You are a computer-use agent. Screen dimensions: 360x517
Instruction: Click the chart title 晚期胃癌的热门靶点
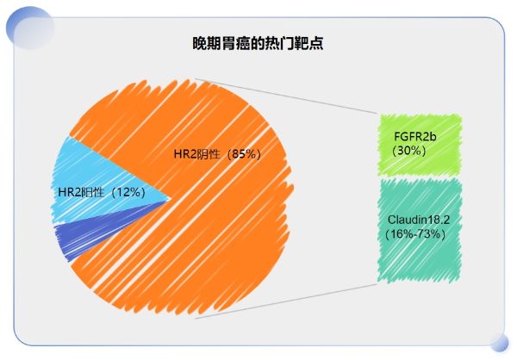(258, 42)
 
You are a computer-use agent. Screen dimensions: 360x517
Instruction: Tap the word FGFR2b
(415, 137)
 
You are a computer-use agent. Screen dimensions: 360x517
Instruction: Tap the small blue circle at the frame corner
(499, 343)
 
